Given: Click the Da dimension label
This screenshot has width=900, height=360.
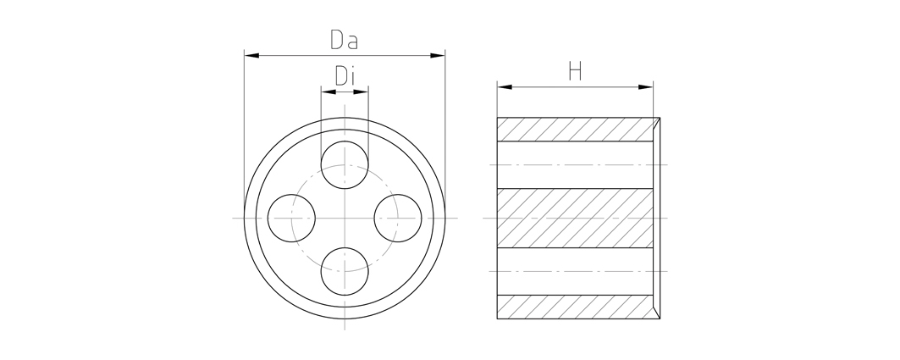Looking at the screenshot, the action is [344, 39].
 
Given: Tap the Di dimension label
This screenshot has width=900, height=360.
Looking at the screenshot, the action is [345, 75].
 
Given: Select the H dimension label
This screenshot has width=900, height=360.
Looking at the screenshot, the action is [575, 71].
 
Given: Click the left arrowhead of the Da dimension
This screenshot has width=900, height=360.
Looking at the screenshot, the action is [251, 56].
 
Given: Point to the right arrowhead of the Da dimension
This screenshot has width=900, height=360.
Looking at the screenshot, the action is [438, 56].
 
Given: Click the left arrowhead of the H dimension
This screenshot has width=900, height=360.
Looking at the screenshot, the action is [505, 87].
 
